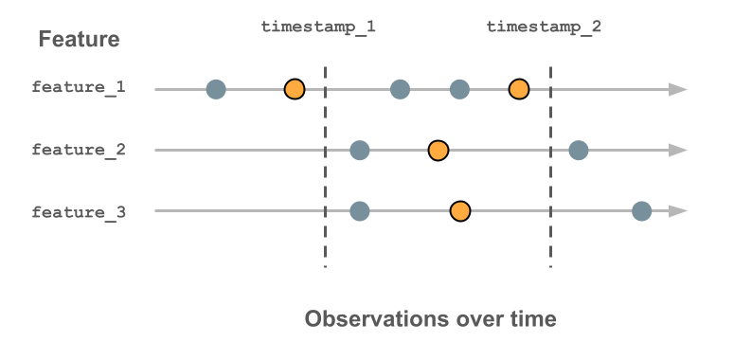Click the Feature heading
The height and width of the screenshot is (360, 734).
(79, 40)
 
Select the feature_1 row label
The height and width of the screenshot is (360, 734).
(79, 88)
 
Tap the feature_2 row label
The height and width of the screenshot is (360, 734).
(79, 150)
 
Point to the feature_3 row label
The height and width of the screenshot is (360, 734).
(79, 211)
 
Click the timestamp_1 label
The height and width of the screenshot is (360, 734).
(318, 27)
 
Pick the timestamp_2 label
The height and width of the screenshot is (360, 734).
(544, 27)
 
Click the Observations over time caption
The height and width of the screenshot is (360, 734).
(430, 319)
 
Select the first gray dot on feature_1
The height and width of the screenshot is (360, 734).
(216, 89)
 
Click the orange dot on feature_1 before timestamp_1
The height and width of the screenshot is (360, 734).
(295, 89)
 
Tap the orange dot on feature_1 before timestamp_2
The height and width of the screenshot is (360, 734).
(518, 89)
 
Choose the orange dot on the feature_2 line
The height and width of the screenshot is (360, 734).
(438, 150)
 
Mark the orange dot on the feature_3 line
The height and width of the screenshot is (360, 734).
(460, 210)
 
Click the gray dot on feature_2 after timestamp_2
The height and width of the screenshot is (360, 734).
(579, 150)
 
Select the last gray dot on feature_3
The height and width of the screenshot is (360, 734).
(641, 210)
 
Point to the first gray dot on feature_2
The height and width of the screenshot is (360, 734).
(359, 150)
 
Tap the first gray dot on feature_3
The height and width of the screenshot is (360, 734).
(359, 210)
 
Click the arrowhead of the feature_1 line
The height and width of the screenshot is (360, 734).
(677, 89)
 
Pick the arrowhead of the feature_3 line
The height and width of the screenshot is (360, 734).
(677, 210)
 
